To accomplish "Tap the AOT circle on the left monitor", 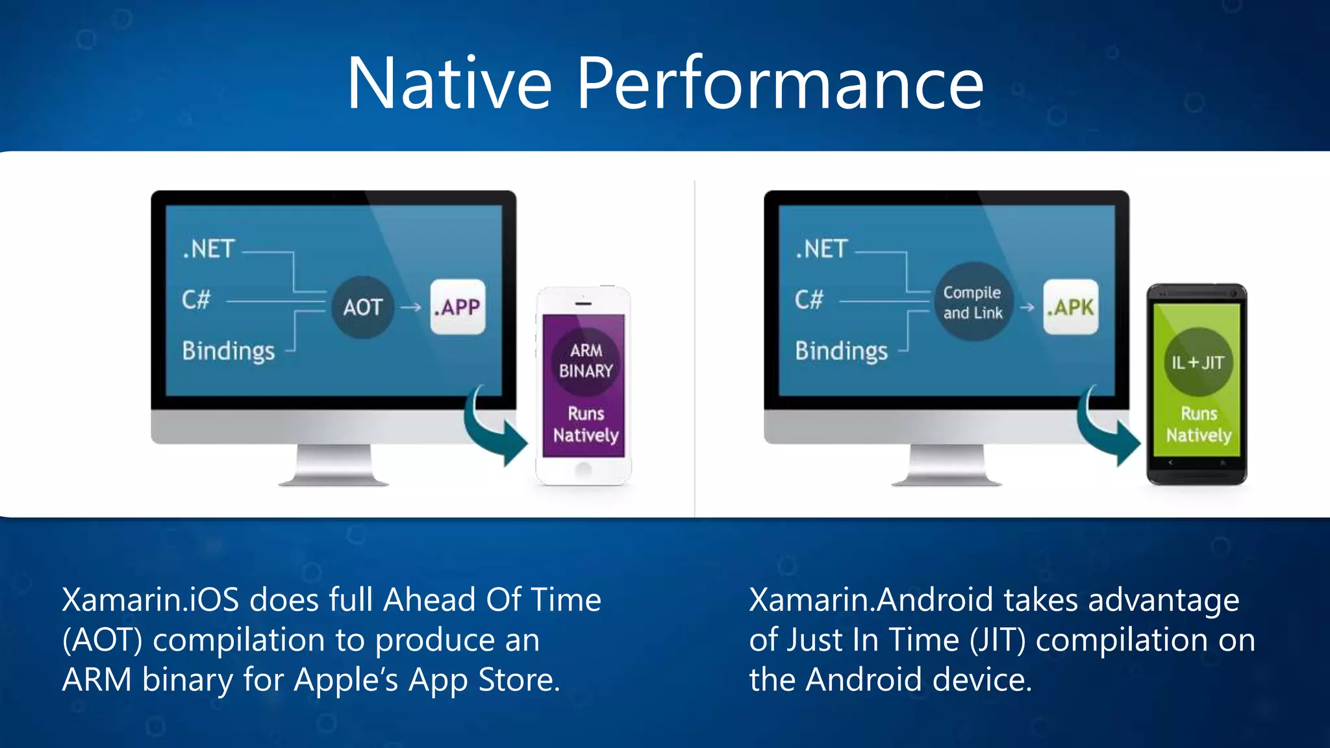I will [x=362, y=307].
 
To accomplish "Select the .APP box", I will [x=458, y=307].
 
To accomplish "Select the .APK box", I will [x=1070, y=307].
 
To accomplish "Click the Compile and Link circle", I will [x=972, y=303].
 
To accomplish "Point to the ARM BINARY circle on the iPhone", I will [x=586, y=361].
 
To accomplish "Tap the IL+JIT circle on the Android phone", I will [x=1198, y=362].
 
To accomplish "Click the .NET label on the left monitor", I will [x=208, y=249].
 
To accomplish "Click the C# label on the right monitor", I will [x=809, y=300].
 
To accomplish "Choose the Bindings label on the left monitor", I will [x=229, y=351].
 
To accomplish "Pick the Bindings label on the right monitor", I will [x=841, y=351].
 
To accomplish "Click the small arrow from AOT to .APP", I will [x=410, y=308].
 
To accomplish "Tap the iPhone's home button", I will [x=584, y=469].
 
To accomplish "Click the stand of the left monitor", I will [x=334, y=464].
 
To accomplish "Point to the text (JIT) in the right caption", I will [x=997, y=640].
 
